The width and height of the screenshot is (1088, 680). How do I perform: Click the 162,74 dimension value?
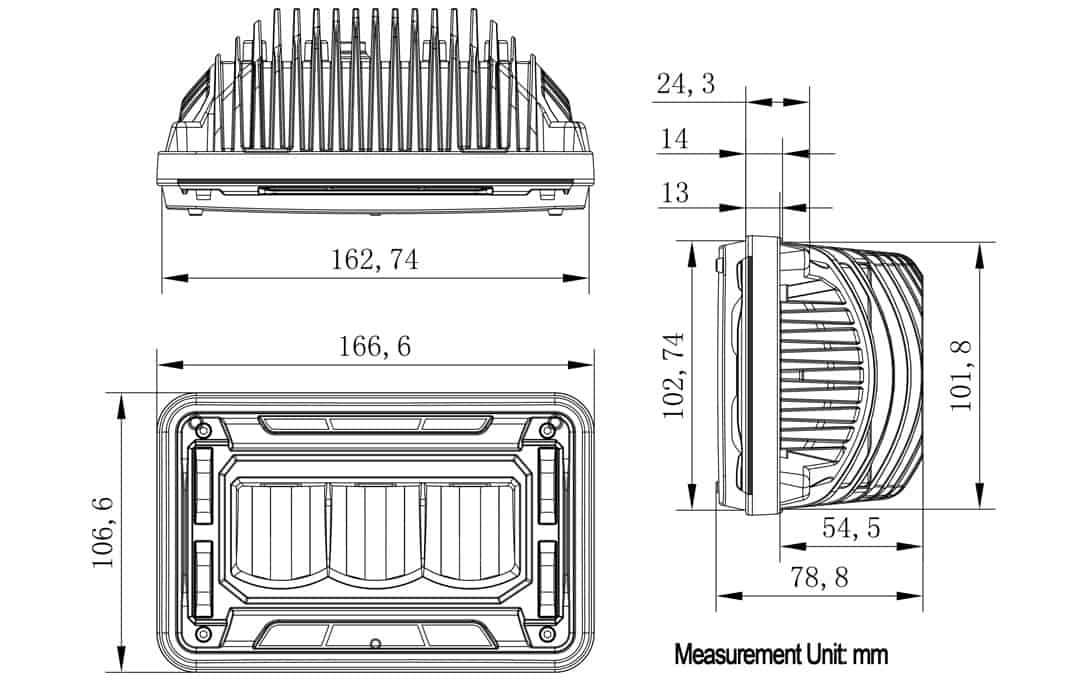tap(375, 260)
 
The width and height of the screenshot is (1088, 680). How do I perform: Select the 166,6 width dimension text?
tap(375, 347)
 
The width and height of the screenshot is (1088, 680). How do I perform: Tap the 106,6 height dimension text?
tap(104, 532)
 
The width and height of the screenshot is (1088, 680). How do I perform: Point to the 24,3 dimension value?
tap(686, 85)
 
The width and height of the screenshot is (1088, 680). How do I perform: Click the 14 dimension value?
tap(675, 139)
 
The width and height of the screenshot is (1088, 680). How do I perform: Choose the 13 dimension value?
tap(675, 192)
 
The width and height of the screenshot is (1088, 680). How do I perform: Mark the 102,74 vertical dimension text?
tap(675, 374)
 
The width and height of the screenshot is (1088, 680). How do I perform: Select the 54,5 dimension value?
tap(851, 529)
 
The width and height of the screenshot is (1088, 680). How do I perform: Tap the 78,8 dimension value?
tap(819, 577)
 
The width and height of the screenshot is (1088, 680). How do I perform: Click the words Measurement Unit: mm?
tap(781, 655)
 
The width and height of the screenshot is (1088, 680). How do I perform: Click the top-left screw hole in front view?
tap(204, 430)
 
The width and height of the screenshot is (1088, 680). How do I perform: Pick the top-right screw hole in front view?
tap(546, 430)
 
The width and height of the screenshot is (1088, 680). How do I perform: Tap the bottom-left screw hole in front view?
tap(204, 635)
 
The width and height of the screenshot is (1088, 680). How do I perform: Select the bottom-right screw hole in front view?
tap(546, 635)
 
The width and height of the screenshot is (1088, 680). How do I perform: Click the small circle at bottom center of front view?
tap(375, 642)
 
